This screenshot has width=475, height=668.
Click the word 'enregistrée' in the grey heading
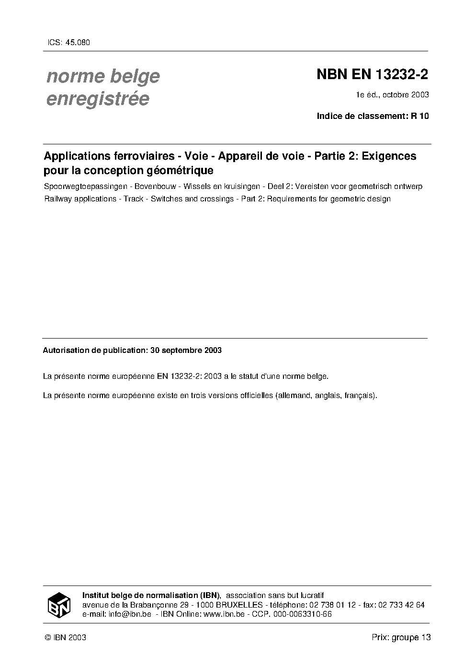98,99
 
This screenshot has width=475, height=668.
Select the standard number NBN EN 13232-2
372,75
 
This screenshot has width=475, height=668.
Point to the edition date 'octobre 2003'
407,94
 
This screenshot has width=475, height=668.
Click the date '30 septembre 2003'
186,351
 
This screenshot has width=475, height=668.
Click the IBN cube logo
59,605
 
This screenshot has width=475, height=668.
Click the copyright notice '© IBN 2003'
65,637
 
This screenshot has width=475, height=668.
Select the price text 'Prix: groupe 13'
401,637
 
